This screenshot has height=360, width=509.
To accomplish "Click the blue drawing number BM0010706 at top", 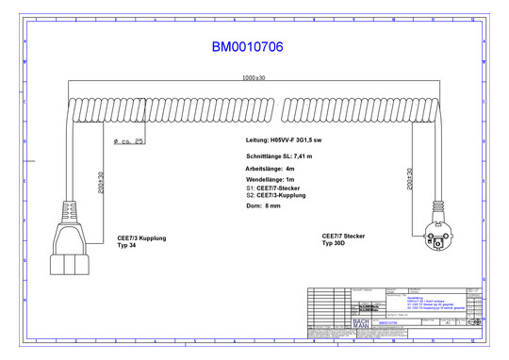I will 247,46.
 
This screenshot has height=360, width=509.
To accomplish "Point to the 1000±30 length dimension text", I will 254,78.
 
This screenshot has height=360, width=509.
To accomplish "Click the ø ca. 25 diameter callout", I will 128,141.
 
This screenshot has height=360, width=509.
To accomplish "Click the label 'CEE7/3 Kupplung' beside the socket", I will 141,238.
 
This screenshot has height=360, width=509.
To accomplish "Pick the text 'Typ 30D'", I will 336,243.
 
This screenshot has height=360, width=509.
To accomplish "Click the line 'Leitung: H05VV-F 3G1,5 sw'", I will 283,139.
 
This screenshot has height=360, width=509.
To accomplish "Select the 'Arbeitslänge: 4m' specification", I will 270,168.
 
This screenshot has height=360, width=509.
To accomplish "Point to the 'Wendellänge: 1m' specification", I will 269,179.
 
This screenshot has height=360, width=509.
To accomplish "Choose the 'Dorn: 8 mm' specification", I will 262,205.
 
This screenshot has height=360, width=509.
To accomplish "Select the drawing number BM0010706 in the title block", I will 388,322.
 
